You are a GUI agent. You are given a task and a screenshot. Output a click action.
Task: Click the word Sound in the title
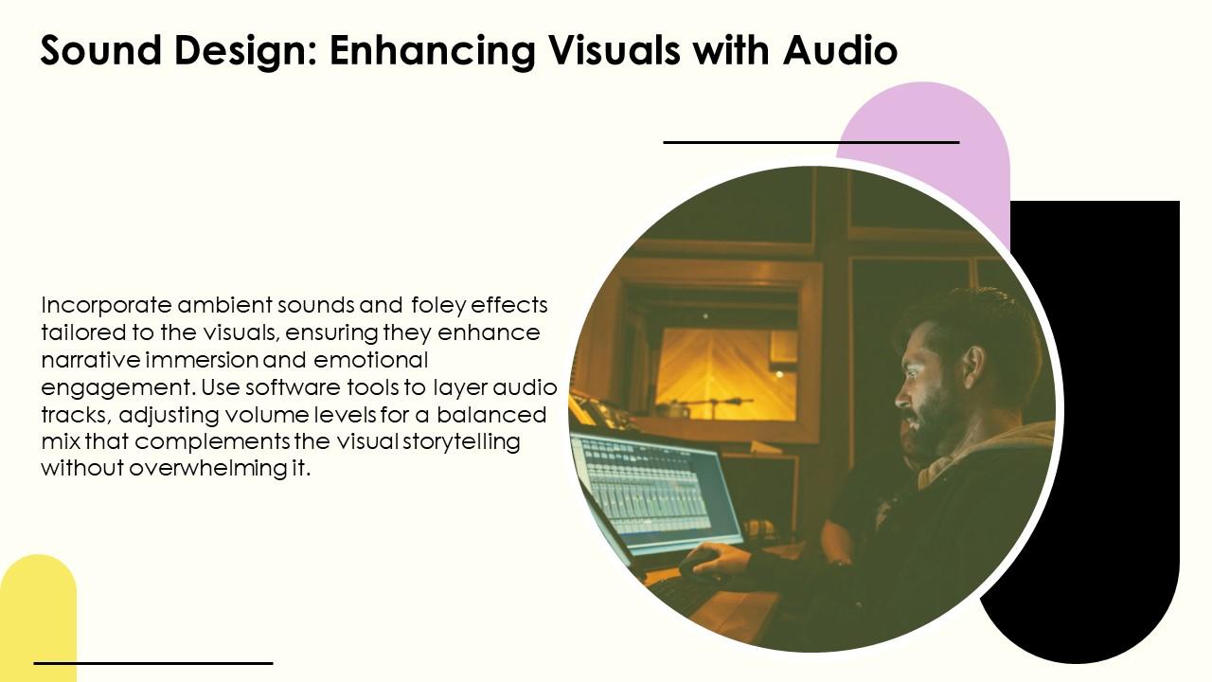click(x=100, y=50)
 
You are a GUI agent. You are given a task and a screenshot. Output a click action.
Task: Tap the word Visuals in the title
click(x=614, y=50)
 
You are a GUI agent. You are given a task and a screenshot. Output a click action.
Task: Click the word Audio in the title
click(x=840, y=50)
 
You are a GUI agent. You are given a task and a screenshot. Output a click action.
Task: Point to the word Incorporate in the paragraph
click(x=107, y=306)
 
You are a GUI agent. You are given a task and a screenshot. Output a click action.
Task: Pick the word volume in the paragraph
click(x=260, y=415)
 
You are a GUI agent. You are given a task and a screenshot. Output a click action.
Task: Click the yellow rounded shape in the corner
click(x=38, y=617)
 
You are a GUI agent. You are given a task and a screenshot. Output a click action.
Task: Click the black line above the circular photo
click(x=811, y=142)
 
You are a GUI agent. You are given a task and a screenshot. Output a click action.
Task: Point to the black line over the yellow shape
click(x=153, y=663)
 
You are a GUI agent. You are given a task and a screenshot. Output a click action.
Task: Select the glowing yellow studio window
click(x=726, y=373)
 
